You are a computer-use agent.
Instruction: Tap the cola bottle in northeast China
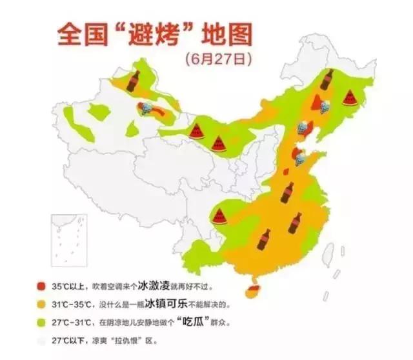(326, 80)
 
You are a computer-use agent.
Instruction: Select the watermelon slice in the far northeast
(350, 97)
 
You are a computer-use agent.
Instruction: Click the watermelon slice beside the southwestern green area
(221, 216)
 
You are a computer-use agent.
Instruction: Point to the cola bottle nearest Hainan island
(263, 239)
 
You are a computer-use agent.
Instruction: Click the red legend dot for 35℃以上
(40, 285)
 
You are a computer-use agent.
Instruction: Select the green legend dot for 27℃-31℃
(40, 321)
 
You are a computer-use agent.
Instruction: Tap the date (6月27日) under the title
(216, 59)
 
